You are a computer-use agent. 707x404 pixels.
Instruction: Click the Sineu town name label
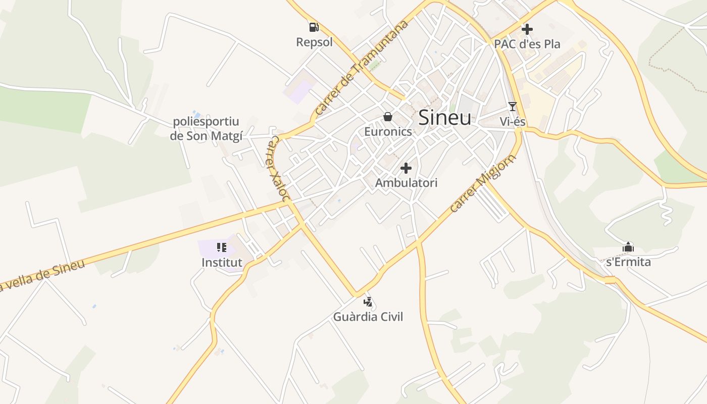445,118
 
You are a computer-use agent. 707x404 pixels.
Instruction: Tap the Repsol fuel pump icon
314,27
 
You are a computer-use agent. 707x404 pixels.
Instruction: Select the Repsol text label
314,42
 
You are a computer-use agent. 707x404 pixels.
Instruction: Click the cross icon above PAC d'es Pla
527,29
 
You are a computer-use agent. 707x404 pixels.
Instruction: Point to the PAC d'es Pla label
527,44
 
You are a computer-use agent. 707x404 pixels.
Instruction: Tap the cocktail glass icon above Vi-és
513,106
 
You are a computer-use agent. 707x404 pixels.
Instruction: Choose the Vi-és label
513,122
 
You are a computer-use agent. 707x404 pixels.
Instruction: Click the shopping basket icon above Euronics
388,117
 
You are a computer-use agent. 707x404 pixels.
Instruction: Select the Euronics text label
388,132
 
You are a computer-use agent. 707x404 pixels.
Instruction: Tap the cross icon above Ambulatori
406,168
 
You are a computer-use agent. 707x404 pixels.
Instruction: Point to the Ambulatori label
406,183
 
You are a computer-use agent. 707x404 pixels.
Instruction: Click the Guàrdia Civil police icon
368,302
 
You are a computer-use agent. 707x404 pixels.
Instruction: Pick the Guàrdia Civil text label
368,317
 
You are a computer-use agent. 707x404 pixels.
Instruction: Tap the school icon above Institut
222,247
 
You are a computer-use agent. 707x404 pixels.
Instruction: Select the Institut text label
222,263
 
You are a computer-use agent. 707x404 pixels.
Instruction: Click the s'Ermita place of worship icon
628,247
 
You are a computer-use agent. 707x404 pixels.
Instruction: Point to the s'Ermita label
628,262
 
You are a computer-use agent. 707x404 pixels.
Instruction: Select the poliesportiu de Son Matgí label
207,129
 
